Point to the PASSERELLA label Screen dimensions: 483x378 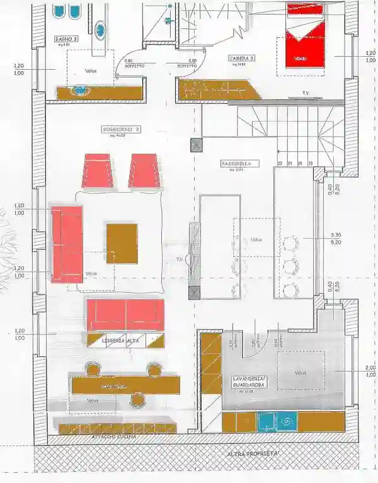(236, 164)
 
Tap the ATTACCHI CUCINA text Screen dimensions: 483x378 (113, 436)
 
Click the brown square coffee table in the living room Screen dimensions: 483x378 (122, 243)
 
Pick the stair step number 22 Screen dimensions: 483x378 (279, 163)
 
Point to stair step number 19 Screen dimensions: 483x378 (311, 163)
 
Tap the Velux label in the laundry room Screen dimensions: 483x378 (300, 373)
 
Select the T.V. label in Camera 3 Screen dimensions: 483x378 (306, 93)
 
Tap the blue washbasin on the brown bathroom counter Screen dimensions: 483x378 (80, 91)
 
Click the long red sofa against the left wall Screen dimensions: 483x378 (67, 243)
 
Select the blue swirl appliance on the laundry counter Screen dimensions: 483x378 (287, 421)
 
